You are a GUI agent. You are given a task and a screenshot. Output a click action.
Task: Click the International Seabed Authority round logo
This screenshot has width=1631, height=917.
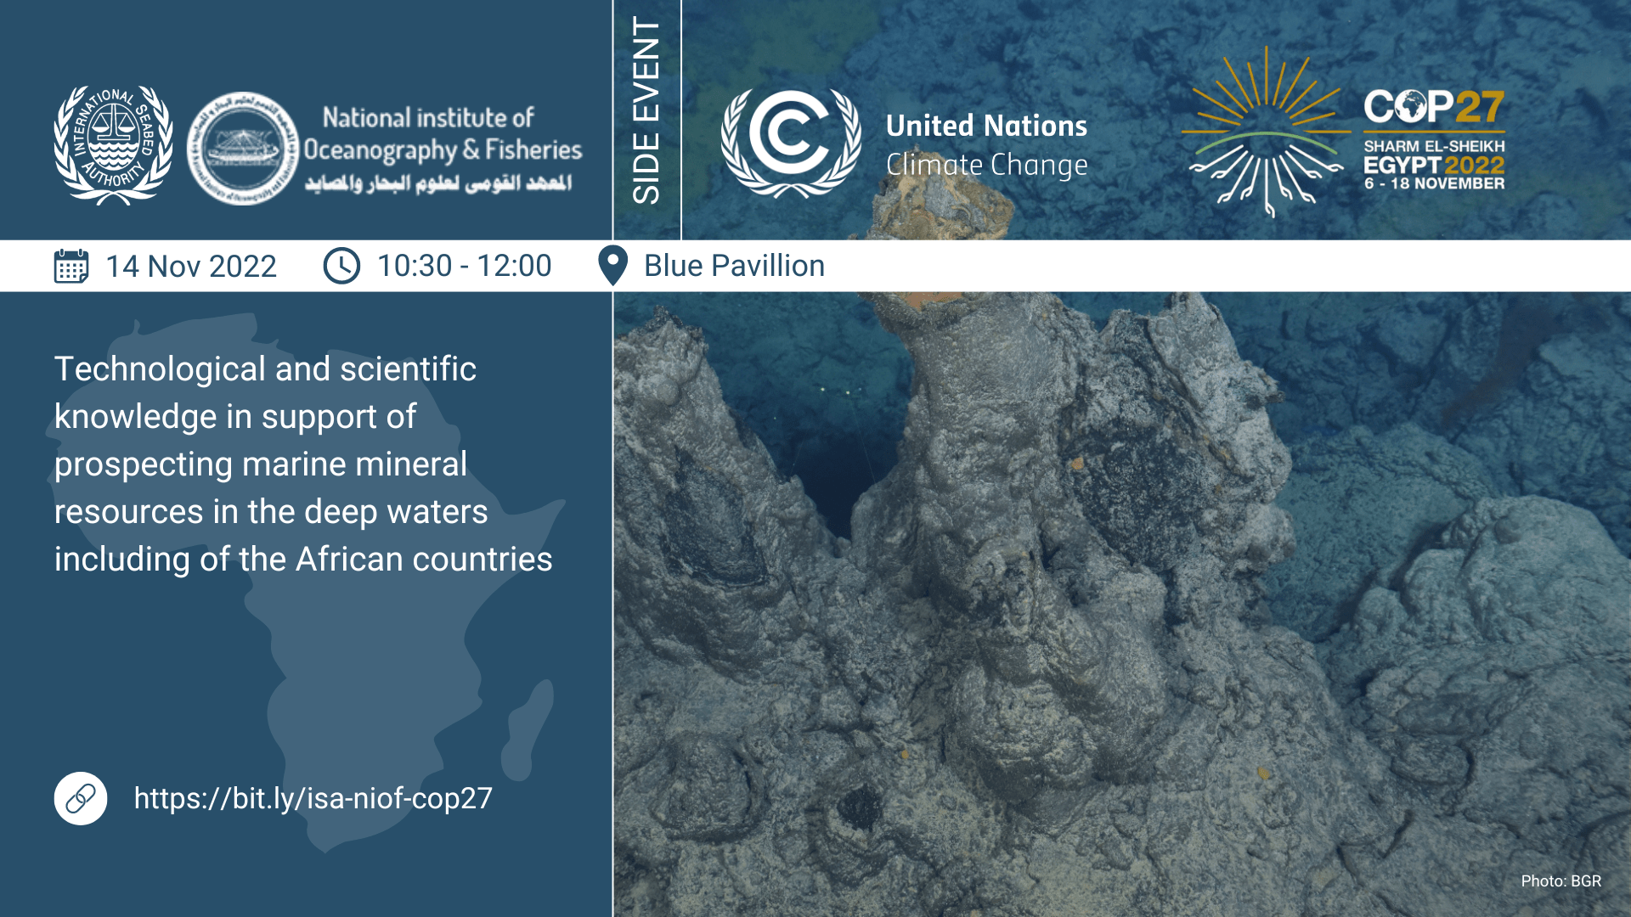113,145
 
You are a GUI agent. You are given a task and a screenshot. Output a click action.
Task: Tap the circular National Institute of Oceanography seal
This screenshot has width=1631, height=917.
243,149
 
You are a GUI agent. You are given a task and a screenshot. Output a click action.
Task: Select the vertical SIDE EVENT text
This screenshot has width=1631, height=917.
646,110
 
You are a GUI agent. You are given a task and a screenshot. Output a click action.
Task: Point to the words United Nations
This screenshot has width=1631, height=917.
985,126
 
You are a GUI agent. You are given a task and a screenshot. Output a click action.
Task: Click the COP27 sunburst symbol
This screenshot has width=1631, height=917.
1266,132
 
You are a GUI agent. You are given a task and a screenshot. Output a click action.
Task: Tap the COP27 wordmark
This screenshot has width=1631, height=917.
1434,108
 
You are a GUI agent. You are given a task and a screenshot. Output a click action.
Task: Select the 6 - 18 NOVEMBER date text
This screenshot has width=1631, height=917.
1434,183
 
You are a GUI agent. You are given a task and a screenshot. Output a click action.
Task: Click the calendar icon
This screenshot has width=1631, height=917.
71,266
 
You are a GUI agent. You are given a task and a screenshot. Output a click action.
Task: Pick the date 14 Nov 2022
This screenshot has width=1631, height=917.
191,267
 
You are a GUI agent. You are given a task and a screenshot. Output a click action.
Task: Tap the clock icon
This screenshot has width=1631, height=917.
341,266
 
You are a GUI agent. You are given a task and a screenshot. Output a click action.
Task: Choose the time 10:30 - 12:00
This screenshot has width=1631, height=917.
464,266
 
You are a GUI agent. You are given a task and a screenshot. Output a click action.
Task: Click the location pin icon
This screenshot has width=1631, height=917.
612,266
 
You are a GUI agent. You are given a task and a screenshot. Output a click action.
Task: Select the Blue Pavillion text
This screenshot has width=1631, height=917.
734,266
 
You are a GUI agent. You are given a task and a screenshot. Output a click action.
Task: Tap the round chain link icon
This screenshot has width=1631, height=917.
81,798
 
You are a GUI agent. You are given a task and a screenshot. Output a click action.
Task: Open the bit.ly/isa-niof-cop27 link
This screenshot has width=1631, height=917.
313,798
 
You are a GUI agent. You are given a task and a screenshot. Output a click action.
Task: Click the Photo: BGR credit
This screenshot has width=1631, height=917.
1560,881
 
